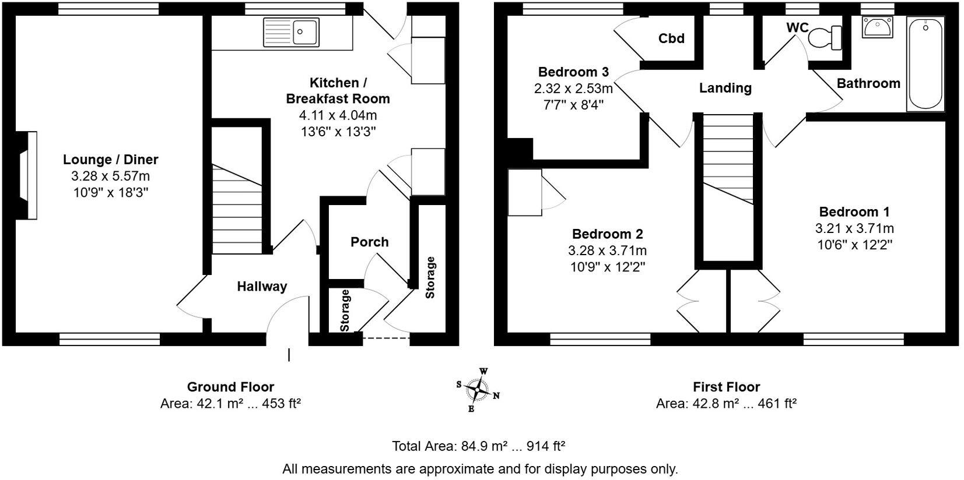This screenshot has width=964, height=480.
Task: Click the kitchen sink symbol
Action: pyautogui.click(x=292, y=31)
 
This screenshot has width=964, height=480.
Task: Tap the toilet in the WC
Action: pyautogui.click(x=825, y=37)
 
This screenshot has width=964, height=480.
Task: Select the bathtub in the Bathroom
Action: pyautogui.click(x=926, y=64)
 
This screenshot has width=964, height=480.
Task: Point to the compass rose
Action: pyautogui.click(x=478, y=390)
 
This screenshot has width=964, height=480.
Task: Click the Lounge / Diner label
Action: pyautogui.click(x=111, y=160)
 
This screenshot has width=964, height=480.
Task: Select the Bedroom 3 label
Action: pyautogui.click(x=573, y=72)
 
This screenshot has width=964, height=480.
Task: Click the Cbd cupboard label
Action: pyautogui.click(x=671, y=38)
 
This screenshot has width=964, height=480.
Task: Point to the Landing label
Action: pyautogui.click(x=725, y=88)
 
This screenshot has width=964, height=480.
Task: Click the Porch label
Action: pyautogui.click(x=369, y=242)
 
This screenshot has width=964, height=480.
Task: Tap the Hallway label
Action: pyautogui.click(x=262, y=287)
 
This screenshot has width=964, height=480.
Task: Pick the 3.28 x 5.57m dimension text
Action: pyautogui.click(x=111, y=177)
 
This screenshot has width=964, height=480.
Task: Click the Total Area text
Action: pyautogui.click(x=478, y=446)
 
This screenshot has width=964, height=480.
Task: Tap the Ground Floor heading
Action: pyautogui.click(x=230, y=387)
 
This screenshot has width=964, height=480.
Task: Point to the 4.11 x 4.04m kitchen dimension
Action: pyautogui.click(x=338, y=115)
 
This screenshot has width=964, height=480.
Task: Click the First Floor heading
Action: pyautogui.click(x=726, y=387)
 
